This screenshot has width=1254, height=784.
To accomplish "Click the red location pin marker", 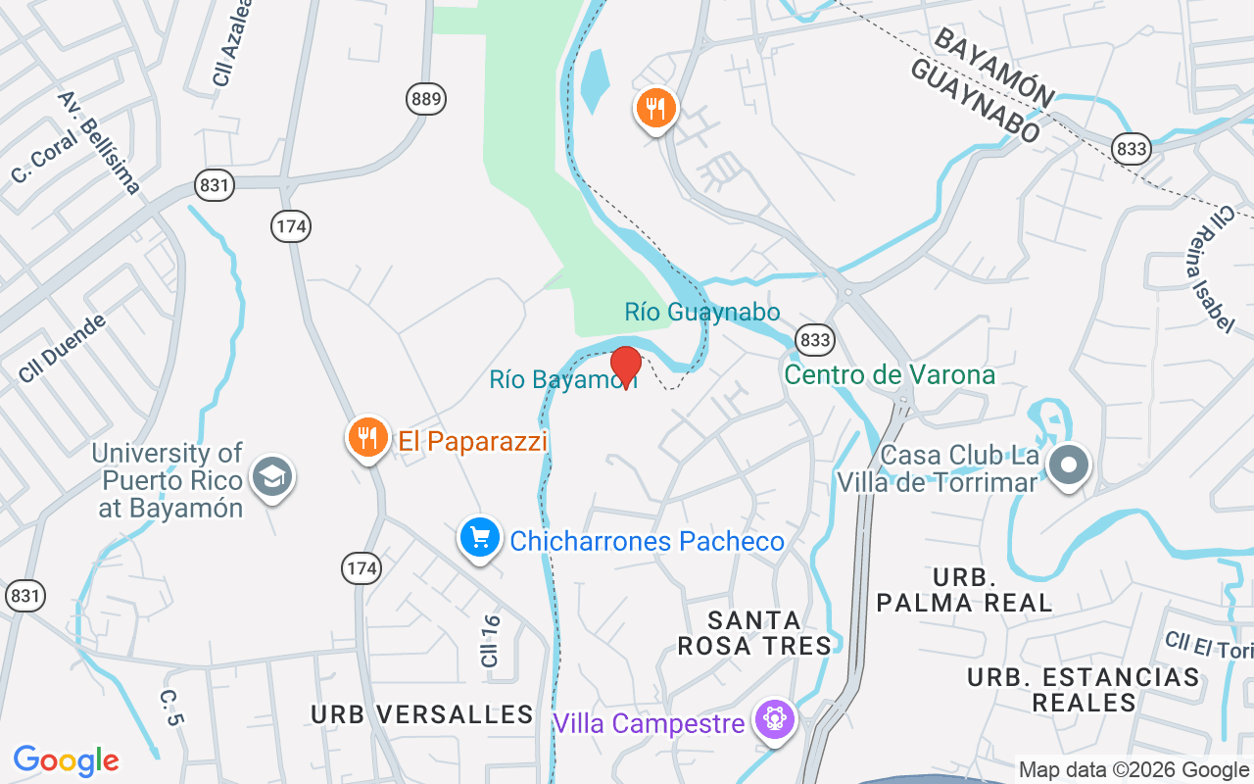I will (625, 366).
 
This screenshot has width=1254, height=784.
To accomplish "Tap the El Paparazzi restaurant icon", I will (367, 438).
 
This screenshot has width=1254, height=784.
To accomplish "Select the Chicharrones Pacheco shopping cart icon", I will (480, 538).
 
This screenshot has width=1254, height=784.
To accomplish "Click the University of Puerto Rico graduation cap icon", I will (271, 477).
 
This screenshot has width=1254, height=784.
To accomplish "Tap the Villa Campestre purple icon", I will (775, 720).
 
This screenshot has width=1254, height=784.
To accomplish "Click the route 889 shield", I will (426, 98).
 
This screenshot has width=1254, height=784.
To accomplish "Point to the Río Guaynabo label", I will (702, 313).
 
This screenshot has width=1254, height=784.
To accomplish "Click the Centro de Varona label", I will (890, 375).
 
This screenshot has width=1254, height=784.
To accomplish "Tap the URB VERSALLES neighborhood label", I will (422, 714).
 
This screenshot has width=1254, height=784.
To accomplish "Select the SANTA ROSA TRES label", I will (769, 632).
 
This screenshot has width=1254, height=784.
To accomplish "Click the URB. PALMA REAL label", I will (964, 589).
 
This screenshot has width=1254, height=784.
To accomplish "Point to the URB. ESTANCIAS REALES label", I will (1083, 690).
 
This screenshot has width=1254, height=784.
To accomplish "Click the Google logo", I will (67, 760).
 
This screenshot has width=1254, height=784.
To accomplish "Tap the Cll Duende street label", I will (62, 348).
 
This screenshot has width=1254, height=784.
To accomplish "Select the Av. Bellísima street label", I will (99, 142).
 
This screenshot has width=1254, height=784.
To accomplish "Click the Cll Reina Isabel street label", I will (1210, 269).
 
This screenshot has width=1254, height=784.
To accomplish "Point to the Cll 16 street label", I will (491, 641).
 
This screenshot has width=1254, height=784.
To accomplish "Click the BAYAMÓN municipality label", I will (992, 68).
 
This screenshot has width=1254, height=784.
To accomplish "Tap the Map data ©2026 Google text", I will (1133, 770).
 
